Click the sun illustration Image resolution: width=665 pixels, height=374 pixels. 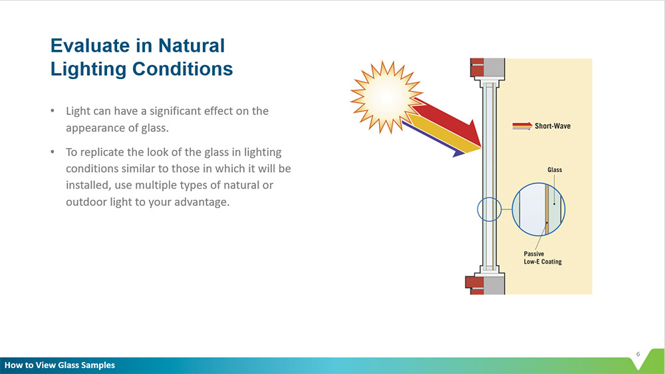tap(386, 97)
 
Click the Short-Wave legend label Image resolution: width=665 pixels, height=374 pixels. tap(552, 126)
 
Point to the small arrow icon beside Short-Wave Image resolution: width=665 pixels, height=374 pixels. tap(522, 126)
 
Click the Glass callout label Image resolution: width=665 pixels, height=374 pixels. tap(555, 170)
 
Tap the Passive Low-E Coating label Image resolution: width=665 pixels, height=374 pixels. tap(543, 258)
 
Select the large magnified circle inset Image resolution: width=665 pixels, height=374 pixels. tap(538, 209)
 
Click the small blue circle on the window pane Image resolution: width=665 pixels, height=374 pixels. tap(489, 209)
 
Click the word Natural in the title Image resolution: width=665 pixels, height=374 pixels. tap(192, 46)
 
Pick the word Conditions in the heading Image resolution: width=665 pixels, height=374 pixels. tap(182, 69)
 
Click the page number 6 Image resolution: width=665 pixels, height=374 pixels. tap(638, 354)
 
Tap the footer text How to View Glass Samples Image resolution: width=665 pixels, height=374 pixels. tap(60, 365)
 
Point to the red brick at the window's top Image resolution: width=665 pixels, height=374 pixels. tap(477, 68)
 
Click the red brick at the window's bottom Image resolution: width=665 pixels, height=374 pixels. tap(475, 285)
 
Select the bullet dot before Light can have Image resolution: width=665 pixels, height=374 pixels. tap(53, 110)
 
